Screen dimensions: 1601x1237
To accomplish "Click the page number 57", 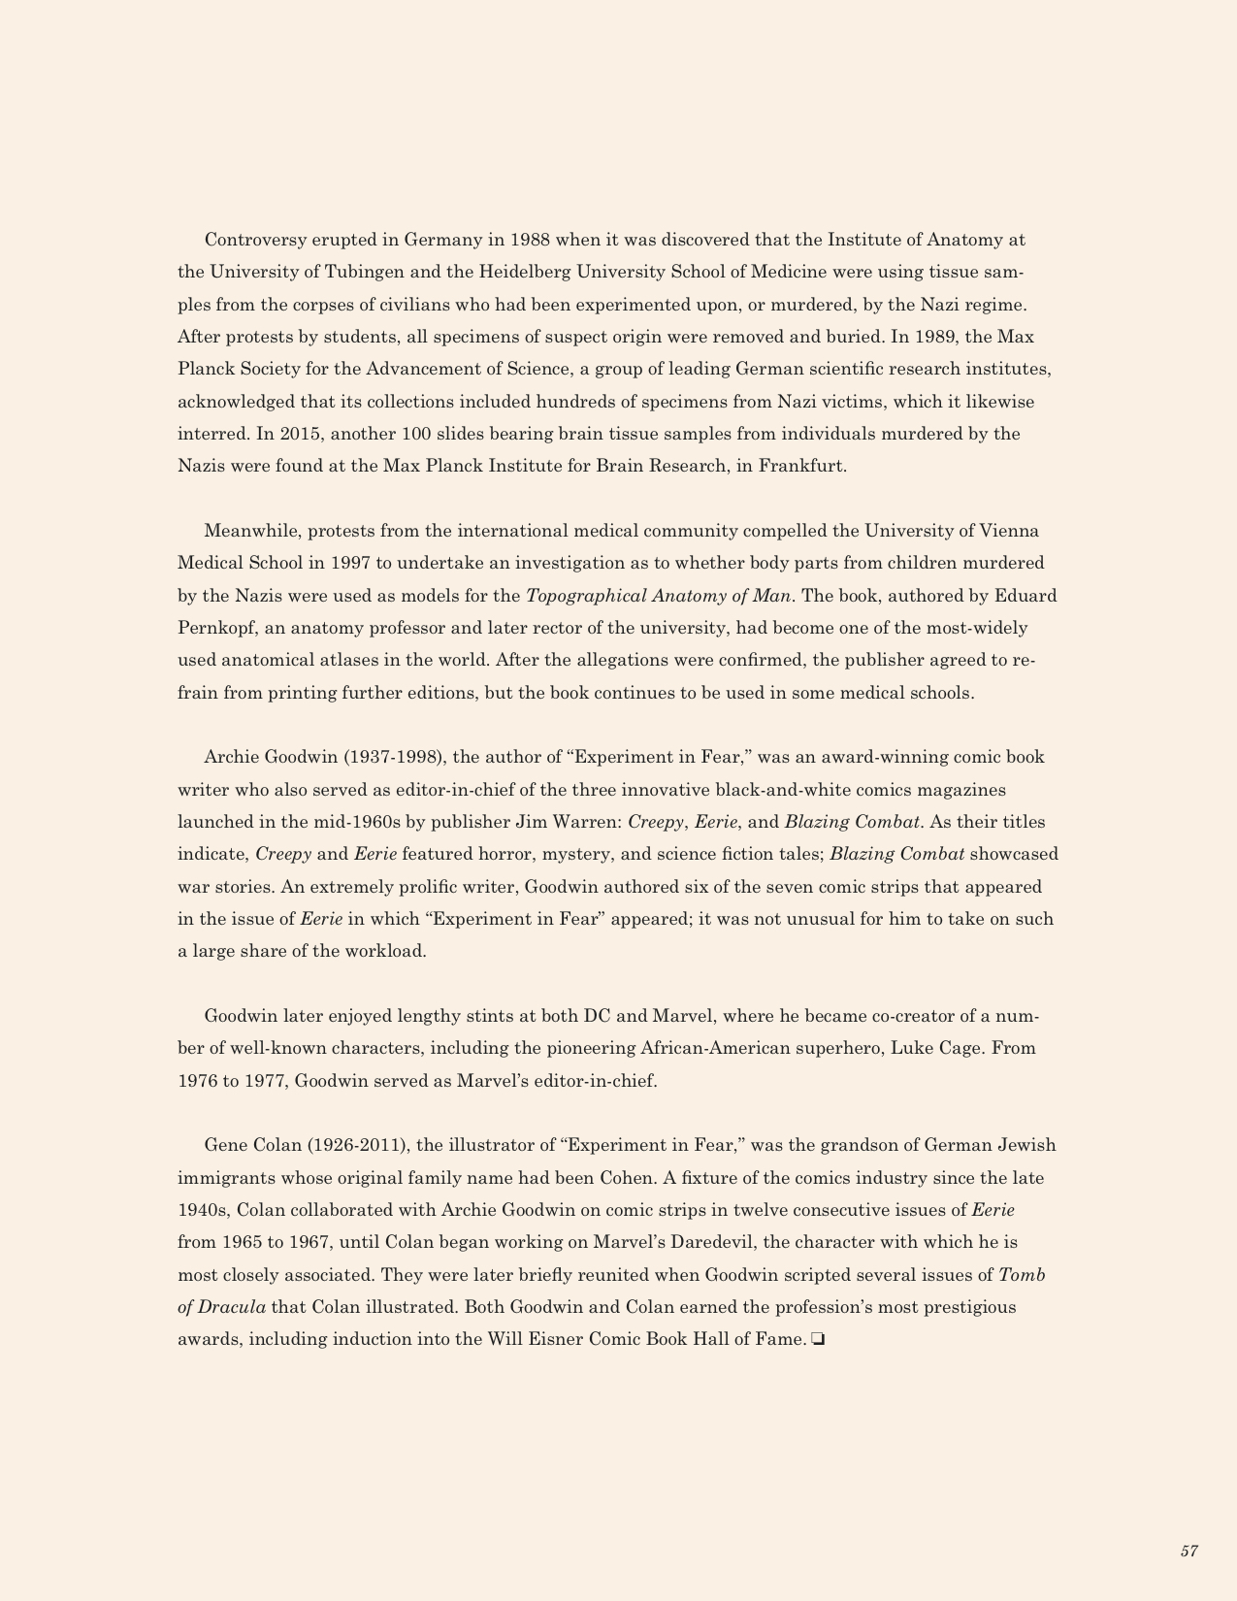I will point(1188,1552).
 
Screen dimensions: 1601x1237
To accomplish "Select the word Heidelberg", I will point(528,272).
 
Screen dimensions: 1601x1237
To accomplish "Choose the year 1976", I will point(197,1081).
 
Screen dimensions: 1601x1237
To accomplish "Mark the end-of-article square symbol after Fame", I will point(817,1340).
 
